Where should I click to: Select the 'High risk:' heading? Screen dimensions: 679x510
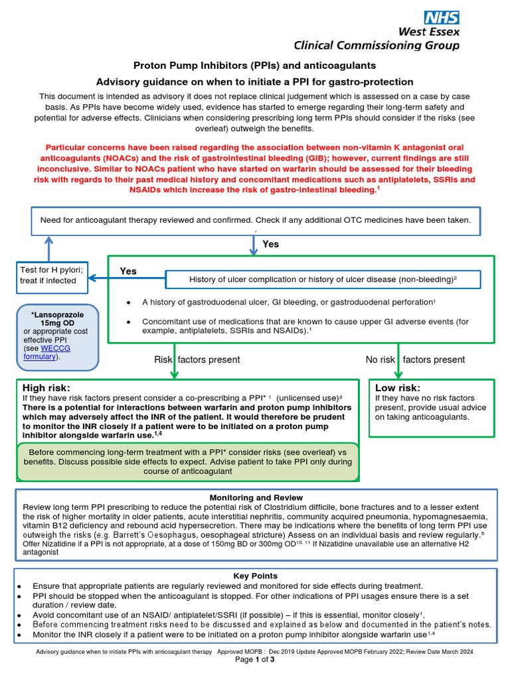[x=46, y=388]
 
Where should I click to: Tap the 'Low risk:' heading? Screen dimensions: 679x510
[x=398, y=388]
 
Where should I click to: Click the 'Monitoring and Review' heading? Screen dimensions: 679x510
[x=256, y=497]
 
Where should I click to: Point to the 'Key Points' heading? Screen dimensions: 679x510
[x=256, y=576]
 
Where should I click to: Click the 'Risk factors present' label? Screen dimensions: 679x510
[x=197, y=359]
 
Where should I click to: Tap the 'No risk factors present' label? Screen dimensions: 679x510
[x=415, y=359]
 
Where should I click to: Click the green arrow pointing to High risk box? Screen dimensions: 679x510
[x=175, y=361]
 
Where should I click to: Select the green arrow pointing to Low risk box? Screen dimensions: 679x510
[x=398, y=361]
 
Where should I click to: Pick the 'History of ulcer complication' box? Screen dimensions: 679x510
[x=323, y=280]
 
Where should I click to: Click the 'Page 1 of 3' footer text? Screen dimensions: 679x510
[x=255, y=660]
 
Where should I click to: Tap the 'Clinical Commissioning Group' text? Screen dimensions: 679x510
[x=377, y=45]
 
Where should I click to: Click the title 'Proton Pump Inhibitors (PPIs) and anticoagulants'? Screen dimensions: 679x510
[x=255, y=66]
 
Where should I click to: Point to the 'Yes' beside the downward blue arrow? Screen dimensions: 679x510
[x=270, y=244]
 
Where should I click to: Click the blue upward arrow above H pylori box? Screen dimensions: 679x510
[x=48, y=248]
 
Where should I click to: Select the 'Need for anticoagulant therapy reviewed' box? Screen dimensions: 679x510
[x=255, y=220]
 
